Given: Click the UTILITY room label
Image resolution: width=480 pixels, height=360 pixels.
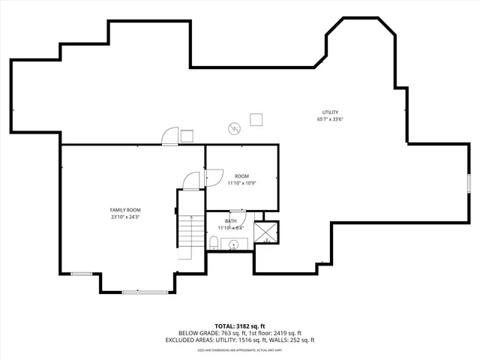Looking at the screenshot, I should pos(331,112).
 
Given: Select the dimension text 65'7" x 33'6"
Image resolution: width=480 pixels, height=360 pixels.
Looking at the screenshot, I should pos(331,118).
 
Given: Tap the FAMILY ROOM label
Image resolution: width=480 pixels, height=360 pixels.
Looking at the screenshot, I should pos(125,210).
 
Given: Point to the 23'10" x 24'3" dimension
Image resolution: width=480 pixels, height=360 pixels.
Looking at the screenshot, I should pos(125,217).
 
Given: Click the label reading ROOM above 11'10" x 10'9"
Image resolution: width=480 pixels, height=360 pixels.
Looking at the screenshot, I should pos(241,176).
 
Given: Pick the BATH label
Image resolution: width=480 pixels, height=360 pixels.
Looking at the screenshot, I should pos(230,221).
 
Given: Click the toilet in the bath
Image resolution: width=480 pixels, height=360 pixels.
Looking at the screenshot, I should pos(214,242).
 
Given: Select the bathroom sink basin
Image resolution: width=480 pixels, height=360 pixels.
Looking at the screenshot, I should pos(233,244).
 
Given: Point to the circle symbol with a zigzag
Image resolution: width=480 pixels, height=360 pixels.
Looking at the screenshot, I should pos(235,128).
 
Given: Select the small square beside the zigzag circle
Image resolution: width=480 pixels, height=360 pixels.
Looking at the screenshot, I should pos(256,118).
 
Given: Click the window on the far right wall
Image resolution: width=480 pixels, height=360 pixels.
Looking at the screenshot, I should pos(469,184).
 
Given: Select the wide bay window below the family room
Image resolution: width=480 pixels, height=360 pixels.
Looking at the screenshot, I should pos(141,292).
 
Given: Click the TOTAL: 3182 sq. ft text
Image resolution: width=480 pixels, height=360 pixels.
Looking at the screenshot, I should pos(239,326).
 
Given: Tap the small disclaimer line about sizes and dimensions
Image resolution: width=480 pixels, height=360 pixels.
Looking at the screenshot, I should pos(239,349).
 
